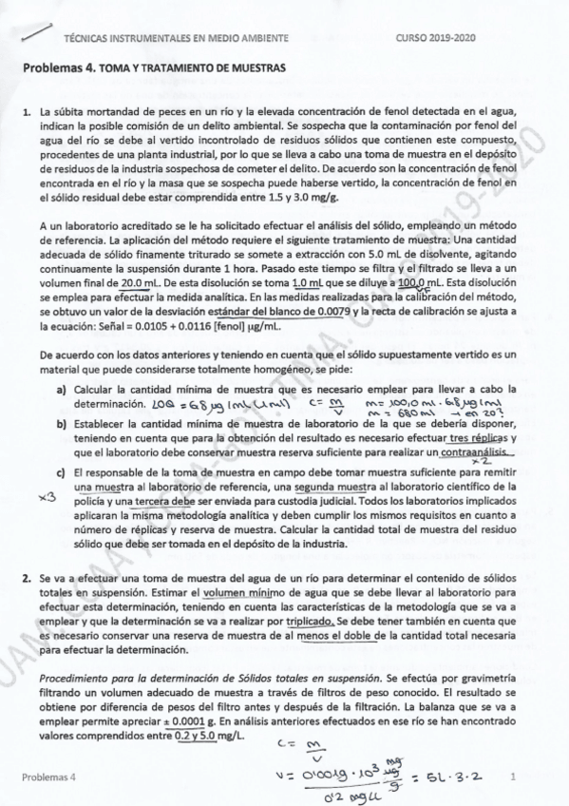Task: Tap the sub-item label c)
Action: pyautogui.click(x=61, y=473)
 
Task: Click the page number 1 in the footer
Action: pyautogui.click(x=511, y=777)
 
